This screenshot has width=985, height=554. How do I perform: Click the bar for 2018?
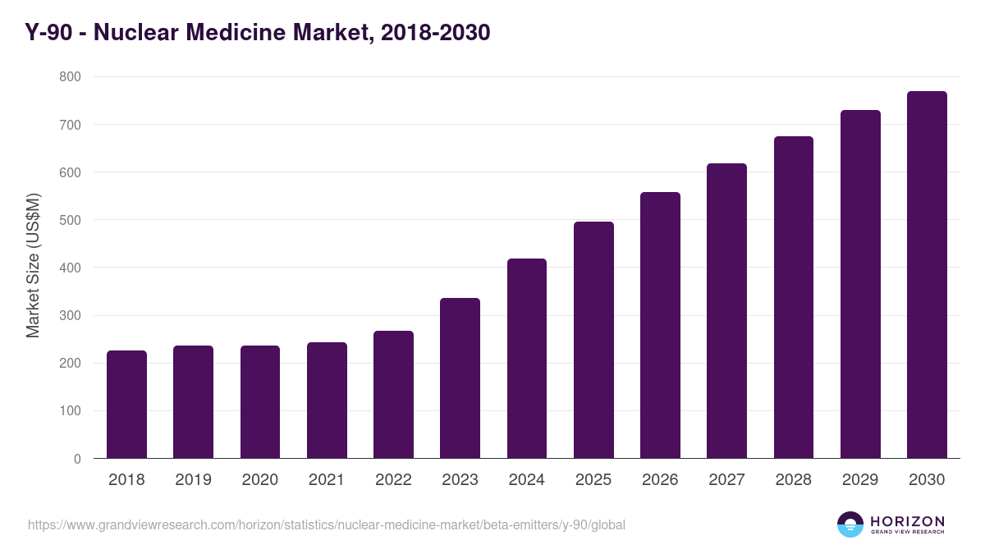[126, 404]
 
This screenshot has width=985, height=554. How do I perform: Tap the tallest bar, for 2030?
[927, 274]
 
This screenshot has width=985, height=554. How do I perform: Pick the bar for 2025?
[593, 340]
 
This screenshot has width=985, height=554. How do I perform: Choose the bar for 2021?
[327, 400]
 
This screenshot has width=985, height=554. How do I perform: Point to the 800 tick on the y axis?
[70, 76]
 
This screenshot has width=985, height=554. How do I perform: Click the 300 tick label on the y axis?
[70, 316]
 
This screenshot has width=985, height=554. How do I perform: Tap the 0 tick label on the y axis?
[77, 459]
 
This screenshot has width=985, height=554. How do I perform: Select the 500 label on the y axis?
[70, 220]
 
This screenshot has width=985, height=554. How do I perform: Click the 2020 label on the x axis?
[260, 480]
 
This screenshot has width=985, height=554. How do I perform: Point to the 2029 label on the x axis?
[860, 480]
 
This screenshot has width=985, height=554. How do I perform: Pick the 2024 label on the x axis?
[526, 480]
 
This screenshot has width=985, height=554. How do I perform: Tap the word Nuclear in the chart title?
[137, 32]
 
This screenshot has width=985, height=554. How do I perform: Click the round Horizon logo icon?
[850, 524]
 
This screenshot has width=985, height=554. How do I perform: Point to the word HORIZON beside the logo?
[907, 521]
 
